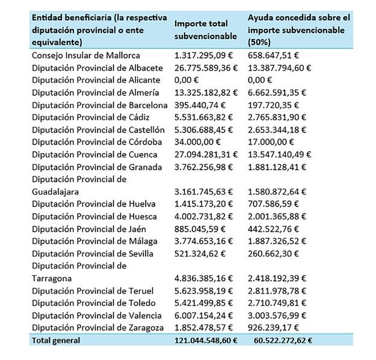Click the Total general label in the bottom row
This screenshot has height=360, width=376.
point(56,341)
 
